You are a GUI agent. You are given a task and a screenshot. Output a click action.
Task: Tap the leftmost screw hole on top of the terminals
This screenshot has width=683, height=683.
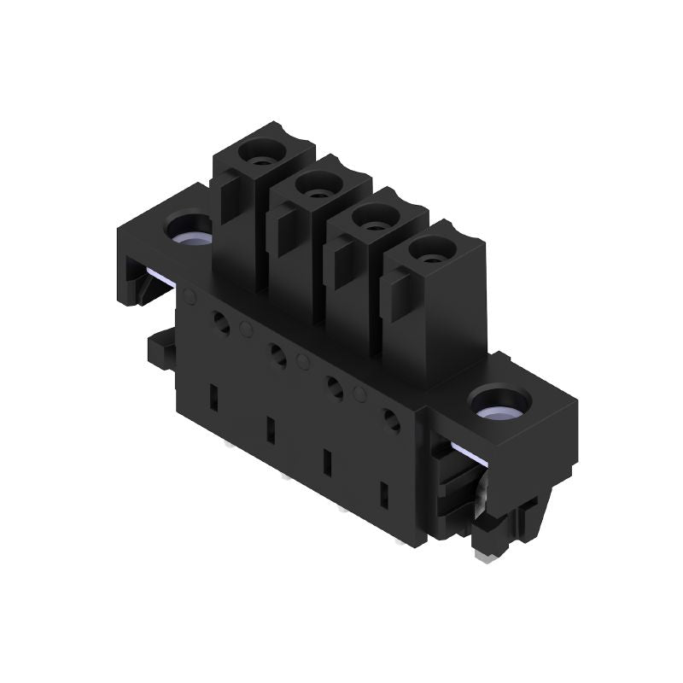pos(258,154)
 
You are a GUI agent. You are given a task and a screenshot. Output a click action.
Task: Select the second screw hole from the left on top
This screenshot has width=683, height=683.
pos(314,183)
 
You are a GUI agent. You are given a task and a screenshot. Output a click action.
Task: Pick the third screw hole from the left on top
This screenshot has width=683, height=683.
pos(370,215)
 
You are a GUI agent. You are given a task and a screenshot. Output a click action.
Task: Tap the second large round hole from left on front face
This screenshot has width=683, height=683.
pos(277,353)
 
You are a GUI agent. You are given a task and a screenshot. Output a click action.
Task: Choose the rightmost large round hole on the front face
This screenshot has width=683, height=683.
pos(393,420)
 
